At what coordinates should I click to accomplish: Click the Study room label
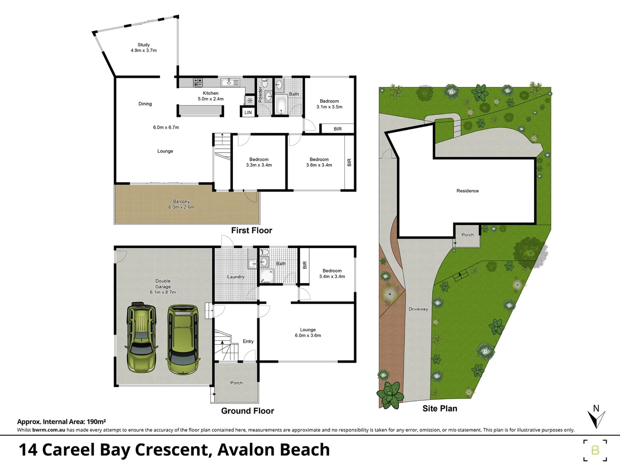[x=144, y=47]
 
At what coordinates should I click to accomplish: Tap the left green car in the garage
[x=141, y=338]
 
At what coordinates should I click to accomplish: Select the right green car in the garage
[x=183, y=339]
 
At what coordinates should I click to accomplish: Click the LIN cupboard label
[x=248, y=112]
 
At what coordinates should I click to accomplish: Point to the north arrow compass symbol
[x=596, y=417]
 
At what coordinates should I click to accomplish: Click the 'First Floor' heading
[x=251, y=230]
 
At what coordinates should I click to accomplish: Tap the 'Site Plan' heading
[x=440, y=409]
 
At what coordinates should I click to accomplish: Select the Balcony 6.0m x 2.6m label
[x=181, y=204]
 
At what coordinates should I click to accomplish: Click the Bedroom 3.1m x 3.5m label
[x=329, y=104]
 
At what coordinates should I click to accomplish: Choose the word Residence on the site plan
[x=468, y=191]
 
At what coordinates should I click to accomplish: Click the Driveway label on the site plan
[x=418, y=309]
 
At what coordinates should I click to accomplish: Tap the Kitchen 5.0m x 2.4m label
[x=211, y=96]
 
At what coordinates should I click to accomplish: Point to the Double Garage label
[x=163, y=286]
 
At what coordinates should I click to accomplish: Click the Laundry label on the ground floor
[x=236, y=277]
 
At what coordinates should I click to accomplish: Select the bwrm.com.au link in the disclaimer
[x=49, y=430]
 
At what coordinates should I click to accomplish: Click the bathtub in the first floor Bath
[x=281, y=105]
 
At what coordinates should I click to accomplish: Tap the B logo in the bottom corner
[x=595, y=450]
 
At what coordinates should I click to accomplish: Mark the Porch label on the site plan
[x=468, y=235]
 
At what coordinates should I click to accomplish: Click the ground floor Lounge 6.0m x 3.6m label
[x=308, y=332]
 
